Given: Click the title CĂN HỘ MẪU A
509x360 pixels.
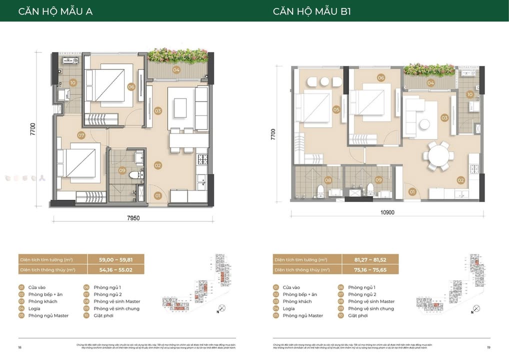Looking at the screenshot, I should coord(55,11).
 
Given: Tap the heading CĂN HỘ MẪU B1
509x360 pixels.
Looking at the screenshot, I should coord(311,11).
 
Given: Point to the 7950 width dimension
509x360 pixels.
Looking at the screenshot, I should coord(132,218).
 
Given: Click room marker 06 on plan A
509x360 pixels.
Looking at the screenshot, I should coord(131,86).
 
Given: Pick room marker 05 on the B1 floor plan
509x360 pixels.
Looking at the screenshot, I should coord(336,109).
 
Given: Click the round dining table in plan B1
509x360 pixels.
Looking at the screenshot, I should coord(438,155).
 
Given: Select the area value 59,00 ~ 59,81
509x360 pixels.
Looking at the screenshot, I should coord(115,260).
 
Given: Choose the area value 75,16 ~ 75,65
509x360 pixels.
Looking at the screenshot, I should coord(370,269).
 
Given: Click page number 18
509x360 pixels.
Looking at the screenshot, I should coord(20,347).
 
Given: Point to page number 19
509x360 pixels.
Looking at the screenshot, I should coord(488,347).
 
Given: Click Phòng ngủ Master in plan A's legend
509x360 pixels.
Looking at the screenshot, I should coord(48,315).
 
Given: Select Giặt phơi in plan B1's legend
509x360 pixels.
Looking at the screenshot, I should coord(357,315).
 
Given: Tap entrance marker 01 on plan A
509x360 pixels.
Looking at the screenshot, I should coord(157,195).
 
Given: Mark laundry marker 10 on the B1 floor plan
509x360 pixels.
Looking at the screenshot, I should coord(470,94).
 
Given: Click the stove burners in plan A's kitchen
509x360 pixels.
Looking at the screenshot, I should coord(203,159).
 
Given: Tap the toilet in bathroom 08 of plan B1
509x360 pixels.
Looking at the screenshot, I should coord(320,189).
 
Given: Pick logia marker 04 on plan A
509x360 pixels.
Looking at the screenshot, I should coord(176,70).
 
